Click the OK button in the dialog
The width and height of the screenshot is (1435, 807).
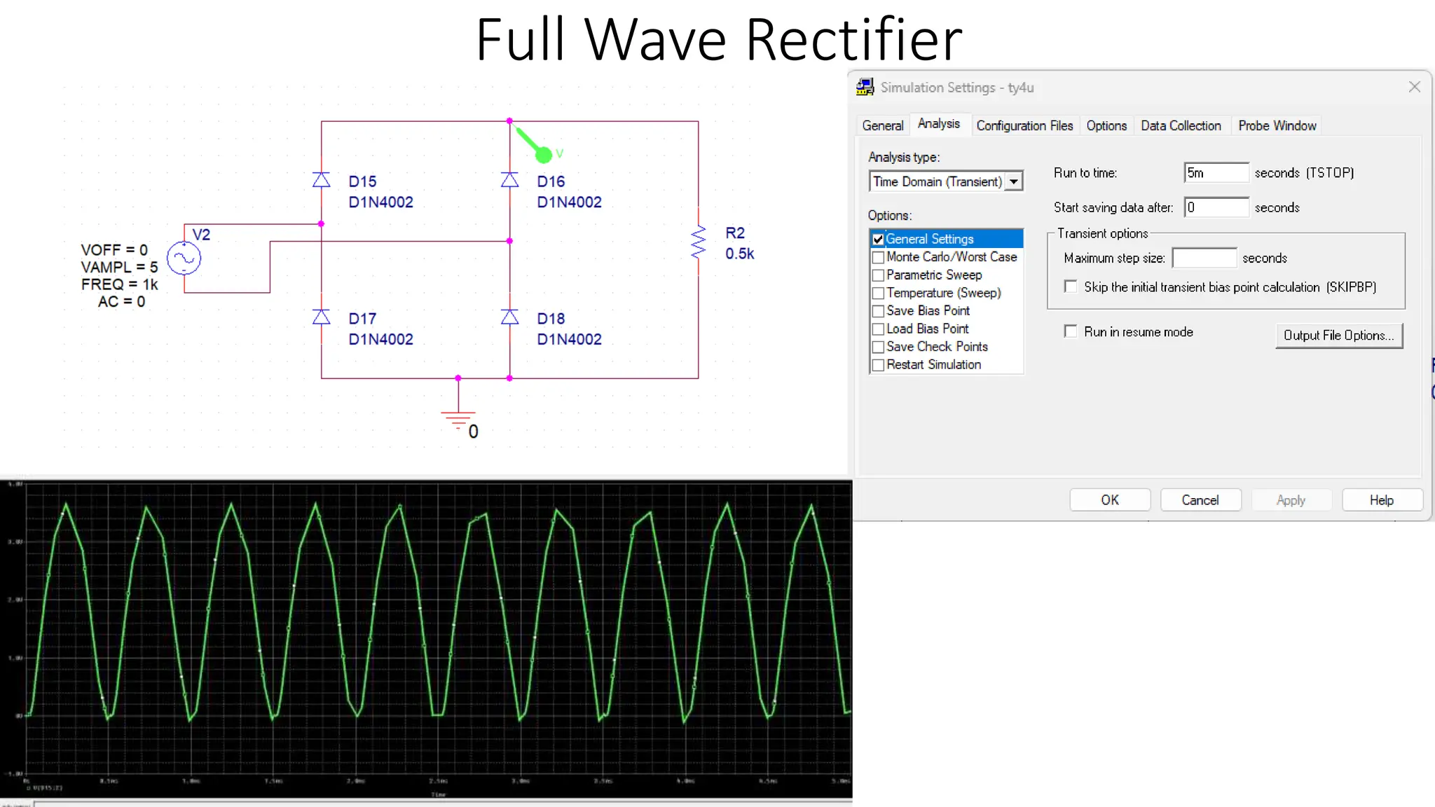coord(1110,500)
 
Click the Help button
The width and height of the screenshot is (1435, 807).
coord(1381,500)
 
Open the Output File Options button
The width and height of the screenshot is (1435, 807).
coord(1338,336)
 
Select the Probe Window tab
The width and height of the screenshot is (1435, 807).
coord(1277,125)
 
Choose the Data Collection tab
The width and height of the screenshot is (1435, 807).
coord(1181,125)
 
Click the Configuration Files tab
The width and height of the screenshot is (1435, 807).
coord(1024,125)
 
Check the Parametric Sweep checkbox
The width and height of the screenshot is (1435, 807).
coord(878,275)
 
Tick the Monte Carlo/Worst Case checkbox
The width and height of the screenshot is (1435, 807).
coord(878,257)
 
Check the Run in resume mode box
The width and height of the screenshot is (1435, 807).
coord(1071,331)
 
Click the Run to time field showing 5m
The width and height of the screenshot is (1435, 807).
coord(1216,173)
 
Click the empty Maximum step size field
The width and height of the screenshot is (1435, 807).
coord(1204,258)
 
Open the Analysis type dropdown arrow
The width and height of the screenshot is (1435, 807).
coord(1014,181)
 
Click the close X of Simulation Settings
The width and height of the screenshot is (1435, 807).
coord(1414,87)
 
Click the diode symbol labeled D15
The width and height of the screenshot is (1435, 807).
coord(322,180)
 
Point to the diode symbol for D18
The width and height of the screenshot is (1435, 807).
coord(510,317)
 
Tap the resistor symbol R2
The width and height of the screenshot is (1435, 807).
coord(698,242)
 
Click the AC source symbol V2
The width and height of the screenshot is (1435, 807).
coord(184,258)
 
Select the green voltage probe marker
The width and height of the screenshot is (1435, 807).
coord(543,153)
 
